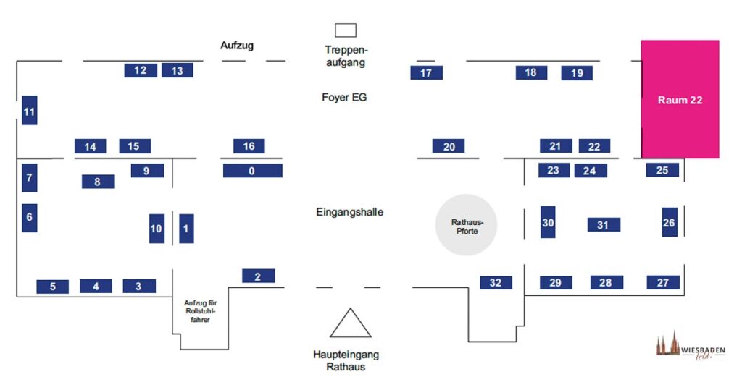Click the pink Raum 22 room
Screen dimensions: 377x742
(680, 99)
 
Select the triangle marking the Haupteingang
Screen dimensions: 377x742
(351, 323)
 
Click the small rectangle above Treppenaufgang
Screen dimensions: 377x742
(345, 30)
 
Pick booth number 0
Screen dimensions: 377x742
(252, 171)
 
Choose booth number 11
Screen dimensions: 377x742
(29, 111)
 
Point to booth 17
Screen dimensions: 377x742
(426, 72)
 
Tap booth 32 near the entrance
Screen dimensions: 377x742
(496, 282)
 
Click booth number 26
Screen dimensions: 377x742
(669, 222)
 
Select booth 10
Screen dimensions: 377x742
(157, 229)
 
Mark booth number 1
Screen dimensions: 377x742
(186, 229)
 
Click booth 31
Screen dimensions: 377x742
(603, 225)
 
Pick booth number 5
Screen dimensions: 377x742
(53, 287)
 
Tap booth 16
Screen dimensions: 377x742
(249, 146)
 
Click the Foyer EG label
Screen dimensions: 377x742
(344, 96)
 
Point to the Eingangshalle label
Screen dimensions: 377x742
(349, 212)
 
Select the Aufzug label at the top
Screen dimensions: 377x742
(237, 46)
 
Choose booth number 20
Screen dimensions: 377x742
(449, 146)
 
